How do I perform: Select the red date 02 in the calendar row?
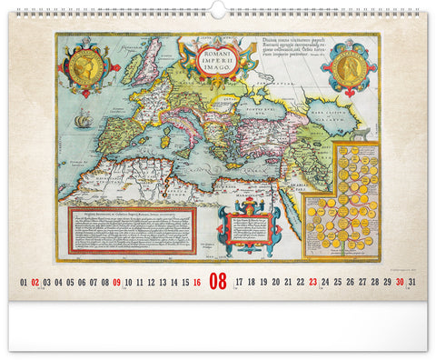35,283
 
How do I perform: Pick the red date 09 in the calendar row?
117,283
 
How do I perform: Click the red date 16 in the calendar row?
197,283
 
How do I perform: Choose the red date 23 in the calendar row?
312,283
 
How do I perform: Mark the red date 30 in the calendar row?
400,283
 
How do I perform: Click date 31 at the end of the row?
412,283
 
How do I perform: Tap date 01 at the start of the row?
24,283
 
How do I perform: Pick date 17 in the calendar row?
240,283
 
